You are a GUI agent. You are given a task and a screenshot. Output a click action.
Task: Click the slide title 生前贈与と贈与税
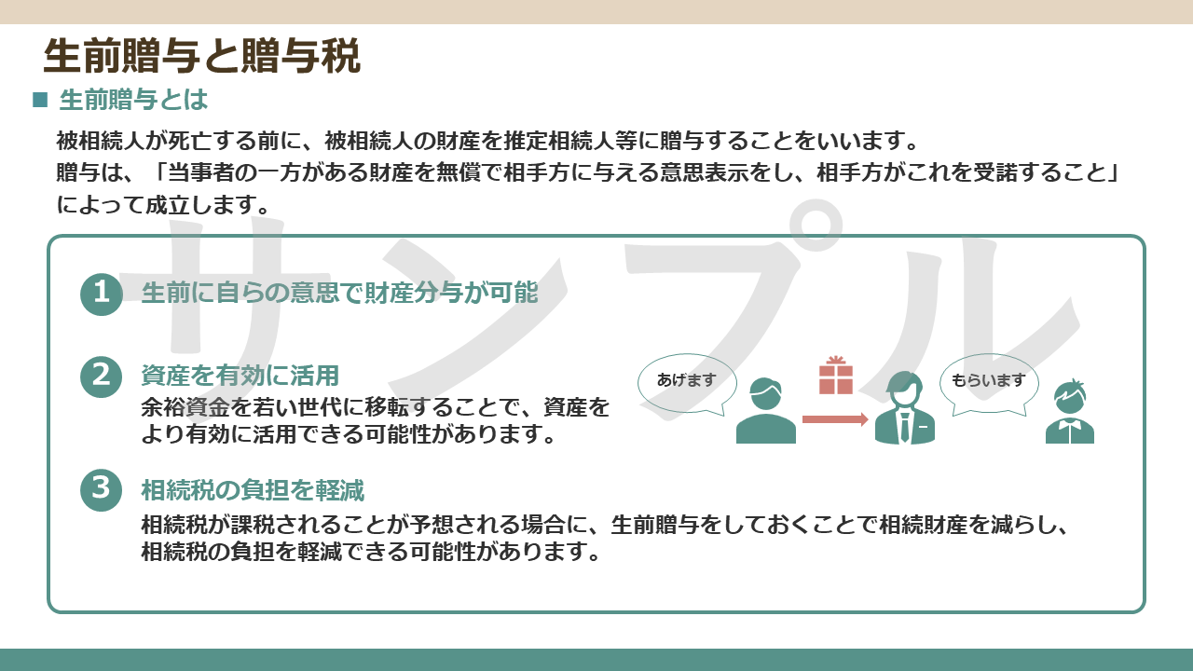[x=202, y=55]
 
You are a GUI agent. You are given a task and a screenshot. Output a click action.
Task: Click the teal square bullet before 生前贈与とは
[x=40, y=100]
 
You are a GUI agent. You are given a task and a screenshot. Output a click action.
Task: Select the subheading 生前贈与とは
[x=133, y=100]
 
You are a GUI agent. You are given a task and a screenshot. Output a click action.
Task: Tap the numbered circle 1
[x=102, y=294]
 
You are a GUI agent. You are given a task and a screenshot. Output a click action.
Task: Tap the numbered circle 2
[x=102, y=377]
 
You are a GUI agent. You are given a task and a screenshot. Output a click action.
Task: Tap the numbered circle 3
[x=102, y=490]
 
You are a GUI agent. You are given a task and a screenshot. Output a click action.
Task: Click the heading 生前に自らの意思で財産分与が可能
[x=340, y=293]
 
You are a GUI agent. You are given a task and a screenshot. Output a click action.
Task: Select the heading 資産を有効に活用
[x=240, y=376]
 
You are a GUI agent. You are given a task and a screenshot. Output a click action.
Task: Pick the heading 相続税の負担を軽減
[x=253, y=490]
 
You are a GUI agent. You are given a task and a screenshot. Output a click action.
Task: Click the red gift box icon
[x=836, y=376]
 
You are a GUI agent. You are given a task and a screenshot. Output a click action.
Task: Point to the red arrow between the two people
[x=835, y=419]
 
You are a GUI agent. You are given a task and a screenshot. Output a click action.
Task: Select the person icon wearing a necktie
[x=905, y=408]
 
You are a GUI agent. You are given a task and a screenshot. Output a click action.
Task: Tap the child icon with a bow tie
[x=1070, y=412]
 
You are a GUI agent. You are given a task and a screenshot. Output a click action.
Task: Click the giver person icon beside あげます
[x=766, y=411]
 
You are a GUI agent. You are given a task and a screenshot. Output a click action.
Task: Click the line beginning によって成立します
[x=163, y=205]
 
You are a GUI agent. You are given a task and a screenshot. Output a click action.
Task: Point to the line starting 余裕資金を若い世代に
[x=376, y=407]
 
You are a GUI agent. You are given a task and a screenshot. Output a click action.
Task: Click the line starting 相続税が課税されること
[x=605, y=525]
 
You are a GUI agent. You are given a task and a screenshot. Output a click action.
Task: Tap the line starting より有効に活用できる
[x=349, y=434]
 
